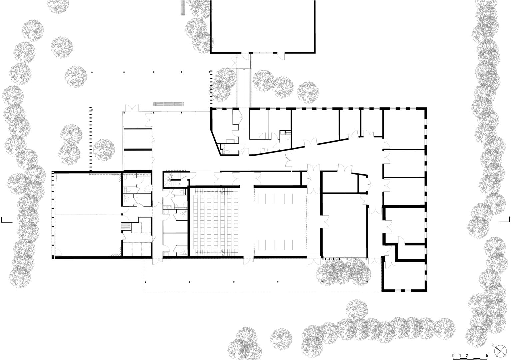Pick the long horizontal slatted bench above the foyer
point(169,104)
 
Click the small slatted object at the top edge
point(183,8)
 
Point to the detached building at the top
point(262,26)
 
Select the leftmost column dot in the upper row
point(92,72)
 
